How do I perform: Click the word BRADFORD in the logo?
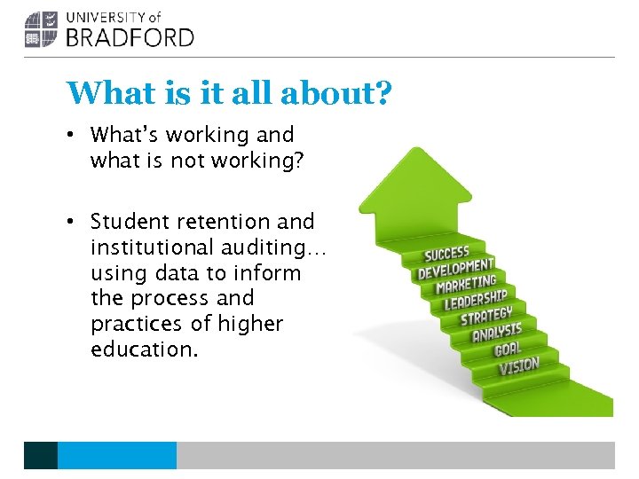(130, 36)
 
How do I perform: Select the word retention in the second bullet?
(242, 221)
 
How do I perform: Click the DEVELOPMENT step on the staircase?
(455, 268)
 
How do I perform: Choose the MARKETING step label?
(466, 285)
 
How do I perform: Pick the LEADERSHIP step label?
(476, 301)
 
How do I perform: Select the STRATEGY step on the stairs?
(486, 317)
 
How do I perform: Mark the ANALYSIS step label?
(497, 333)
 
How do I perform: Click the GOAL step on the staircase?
(508, 349)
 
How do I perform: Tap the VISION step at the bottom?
(518, 365)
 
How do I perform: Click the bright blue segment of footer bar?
(116, 455)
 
